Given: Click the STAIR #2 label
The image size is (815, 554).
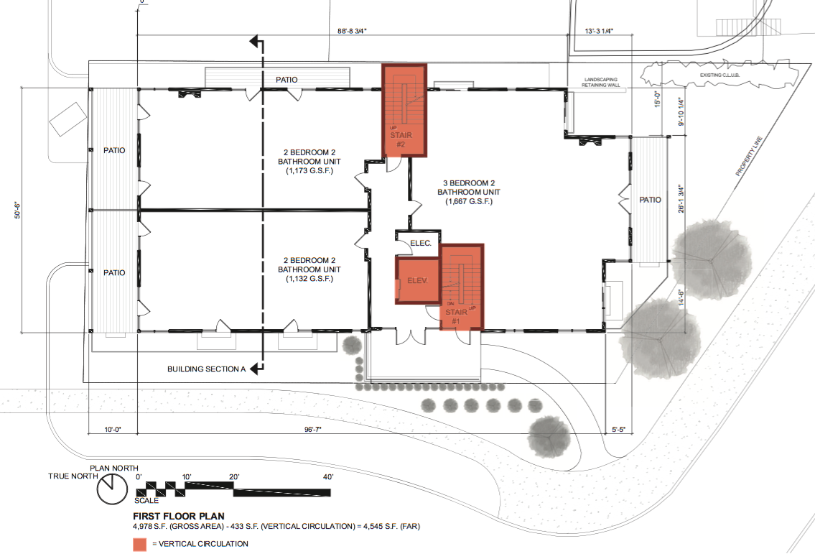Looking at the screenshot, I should pyautogui.click(x=400, y=139).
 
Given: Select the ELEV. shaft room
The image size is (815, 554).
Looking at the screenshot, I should pyautogui.click(x=416, y=281).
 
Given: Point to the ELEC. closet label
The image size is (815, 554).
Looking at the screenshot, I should pyautogui.click(x=420, y=244).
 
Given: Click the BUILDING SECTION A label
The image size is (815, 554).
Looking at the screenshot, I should pyautogui.click(x=206, y=369).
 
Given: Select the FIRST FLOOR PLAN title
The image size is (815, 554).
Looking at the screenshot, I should pyautogui.click(x=179, y=516).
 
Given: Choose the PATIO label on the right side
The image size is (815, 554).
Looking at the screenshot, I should pyautogui.click(x=650, y=200).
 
